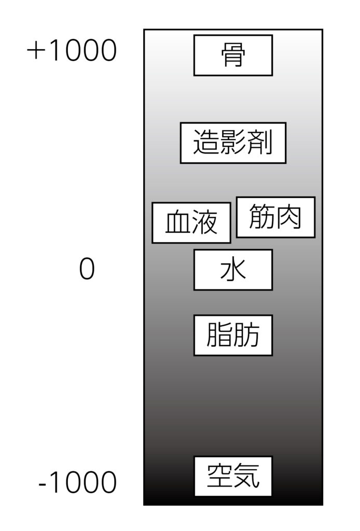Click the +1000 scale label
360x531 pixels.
[x=72, y=50]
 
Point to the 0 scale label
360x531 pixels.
[x=87, y=269]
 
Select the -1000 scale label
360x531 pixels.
[x=78, y=482]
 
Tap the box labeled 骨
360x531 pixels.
[x=233, y=55]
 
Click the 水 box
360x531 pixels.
[x=233, y=270]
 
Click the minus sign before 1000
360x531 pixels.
[x=43, y=484]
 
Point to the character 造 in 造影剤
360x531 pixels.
[x=206, y=143]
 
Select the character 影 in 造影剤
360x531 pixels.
[x=233, y=143]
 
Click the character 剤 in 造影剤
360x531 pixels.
[x=260, y=143]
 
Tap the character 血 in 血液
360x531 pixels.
[x=178, y=222]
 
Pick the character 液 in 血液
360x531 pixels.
[x=204, y=222]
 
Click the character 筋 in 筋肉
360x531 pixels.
[x=261, y=217]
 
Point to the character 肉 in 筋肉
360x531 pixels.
[x=288, y=217]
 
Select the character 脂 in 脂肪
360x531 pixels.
[x=219, y=335]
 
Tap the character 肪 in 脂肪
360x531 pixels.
[x=246, y=335]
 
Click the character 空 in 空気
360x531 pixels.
[x=219, y=476]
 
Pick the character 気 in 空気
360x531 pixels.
[x=246, y=476]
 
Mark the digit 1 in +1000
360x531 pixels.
[x=54, y=50]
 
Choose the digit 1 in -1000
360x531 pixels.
[x=54, y=482]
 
